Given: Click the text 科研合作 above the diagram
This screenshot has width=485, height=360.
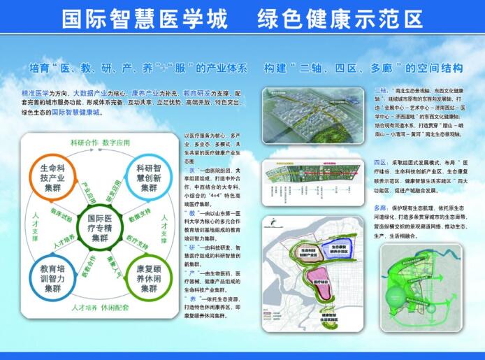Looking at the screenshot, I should tap(84, 143).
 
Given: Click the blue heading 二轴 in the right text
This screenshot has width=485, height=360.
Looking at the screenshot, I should tap(381, 92).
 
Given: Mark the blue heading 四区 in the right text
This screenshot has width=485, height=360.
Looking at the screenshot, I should tap(380, 161).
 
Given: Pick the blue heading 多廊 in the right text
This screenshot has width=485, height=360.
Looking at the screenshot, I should tap(380, 208).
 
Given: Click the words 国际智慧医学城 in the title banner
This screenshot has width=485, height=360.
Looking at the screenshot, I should tap(145, 19).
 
